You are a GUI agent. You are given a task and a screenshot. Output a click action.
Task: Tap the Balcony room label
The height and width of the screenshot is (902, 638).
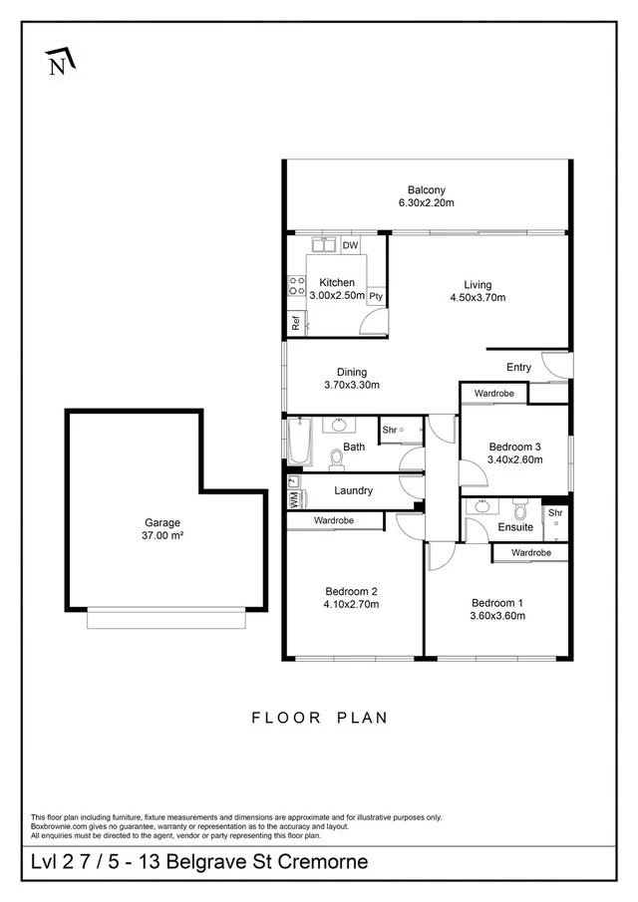pyautogui.click(x=426, y=190)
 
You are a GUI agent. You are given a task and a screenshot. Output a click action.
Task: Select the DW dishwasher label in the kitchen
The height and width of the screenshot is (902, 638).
pyautogui.click(x=350, y=245)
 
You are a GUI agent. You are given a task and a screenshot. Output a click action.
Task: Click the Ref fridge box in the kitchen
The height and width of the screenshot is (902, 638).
pyautogui.click(x=295, y=323)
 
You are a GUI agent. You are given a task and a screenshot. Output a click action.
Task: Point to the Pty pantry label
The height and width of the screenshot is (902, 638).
pyautogui.click(x=376, y=296)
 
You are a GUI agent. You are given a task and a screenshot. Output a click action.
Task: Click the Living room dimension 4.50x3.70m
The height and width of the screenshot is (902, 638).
pyautogui.click(x=478, y=298)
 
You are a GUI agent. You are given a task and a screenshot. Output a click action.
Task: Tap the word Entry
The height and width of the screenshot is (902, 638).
pyautogui.click(x=518, y=368)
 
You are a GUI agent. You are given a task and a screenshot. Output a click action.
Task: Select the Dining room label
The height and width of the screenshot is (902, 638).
pyautogui.click(x=352, y=372)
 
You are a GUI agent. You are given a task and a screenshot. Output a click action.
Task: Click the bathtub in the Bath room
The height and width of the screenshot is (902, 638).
pyautogui.click(x=299, y=443)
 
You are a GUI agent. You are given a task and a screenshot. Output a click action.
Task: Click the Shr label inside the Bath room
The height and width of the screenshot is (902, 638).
pyautogui.click(x=390, y=430)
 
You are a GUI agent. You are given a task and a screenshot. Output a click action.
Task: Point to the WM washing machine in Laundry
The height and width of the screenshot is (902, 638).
pyautogui.click(x=293, y=499)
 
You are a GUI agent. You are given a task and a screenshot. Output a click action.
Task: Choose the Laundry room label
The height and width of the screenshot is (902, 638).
pyautogui.click(x=353, y=490)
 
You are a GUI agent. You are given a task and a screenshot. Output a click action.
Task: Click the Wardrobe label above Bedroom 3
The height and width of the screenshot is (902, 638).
pyautogui.click(x=493, y=394)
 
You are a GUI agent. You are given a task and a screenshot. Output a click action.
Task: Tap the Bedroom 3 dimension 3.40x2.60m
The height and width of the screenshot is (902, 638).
pyautogui.click(x=514, y=460)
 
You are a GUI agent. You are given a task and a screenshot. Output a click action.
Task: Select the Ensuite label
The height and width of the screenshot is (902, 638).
pyautogui.click(x=515, y=527)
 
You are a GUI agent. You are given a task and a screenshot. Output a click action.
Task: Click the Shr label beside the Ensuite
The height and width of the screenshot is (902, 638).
pyautogui.click(x=555, y=513)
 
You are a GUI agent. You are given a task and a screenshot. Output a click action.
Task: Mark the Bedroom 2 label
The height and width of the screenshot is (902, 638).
pyautogui.click(x=350, y=590)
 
